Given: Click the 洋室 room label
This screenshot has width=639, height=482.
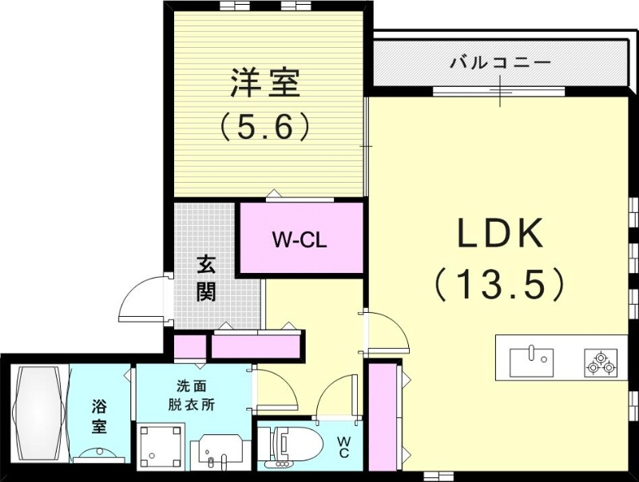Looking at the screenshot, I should click(x=265, y=83).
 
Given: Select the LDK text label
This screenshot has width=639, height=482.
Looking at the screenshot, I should click(x=500, y=235).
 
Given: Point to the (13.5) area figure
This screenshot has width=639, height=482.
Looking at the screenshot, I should click(x=501, y=282).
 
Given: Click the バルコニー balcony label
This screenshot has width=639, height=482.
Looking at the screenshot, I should click(x=499, y=61).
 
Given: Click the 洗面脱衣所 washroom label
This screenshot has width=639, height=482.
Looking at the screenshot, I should click(x=191, y=394).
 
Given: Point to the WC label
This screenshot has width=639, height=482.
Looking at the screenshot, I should click(x=343, y=447).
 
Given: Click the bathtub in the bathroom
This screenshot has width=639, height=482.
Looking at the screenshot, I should click(x=40, y=413).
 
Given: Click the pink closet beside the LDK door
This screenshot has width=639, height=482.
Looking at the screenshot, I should click(x=383, y=417).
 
